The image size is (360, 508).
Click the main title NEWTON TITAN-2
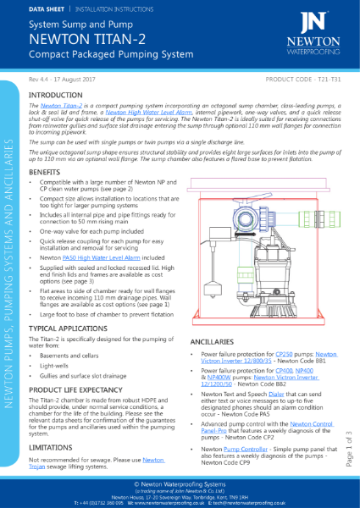click(x=85, y=37)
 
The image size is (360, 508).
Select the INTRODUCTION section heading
click(x=56, y=95)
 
